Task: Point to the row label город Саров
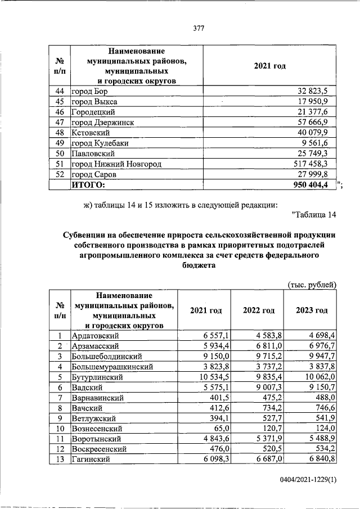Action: (x=95, y=174)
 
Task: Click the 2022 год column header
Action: (x=258, y=310)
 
